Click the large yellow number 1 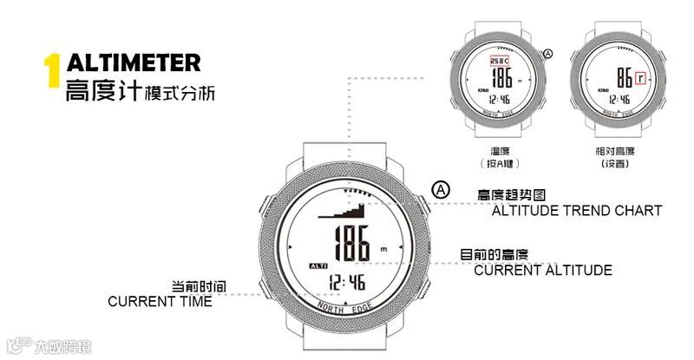tap(53, 75)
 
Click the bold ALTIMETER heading tap(134, 62)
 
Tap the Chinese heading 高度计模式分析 tap(140, 90)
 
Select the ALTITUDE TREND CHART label tap(577, 211)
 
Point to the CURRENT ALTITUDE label tap(542, 271)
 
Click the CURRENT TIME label tap(160, 301)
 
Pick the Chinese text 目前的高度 tap(494, 255)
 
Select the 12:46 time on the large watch tap(346, 282)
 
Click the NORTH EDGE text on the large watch tap(346, 308)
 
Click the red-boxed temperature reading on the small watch tap(497, 61)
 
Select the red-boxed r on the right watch tap(639, 77)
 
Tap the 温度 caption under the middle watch tap(500, 151)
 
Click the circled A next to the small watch tap(547, 54)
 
